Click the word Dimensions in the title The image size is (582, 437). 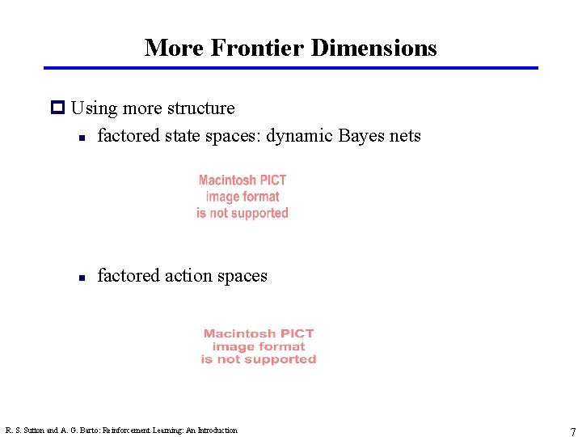(373, 48)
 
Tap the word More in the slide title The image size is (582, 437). (174, 48)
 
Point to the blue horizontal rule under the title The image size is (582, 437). (291, 68)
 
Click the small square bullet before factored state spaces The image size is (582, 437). (82, 137)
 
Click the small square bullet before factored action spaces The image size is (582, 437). (82, 277)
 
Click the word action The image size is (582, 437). (187, 276)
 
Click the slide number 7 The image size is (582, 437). (572, 432)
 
